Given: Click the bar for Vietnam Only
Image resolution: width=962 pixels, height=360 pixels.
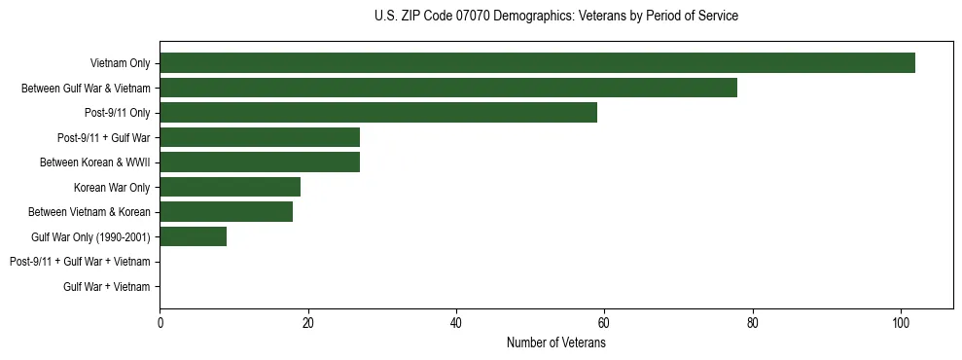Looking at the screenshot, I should [x=537, y=63].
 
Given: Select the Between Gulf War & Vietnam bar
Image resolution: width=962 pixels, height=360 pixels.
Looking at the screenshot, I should [x=448, y=88].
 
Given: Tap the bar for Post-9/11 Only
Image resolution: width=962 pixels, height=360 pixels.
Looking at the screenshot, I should [x=378, y=113].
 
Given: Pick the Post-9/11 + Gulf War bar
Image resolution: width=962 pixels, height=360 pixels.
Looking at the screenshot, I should [x=260, y=137].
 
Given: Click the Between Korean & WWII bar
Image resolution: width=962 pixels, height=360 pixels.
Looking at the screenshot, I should [x=260, y=162].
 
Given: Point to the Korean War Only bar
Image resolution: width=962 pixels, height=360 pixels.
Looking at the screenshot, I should [x=230, y=187].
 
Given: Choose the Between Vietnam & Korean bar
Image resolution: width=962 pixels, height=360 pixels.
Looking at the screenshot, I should [x=226, y=212].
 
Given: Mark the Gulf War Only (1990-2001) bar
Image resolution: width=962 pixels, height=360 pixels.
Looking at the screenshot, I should [x=193, y=236].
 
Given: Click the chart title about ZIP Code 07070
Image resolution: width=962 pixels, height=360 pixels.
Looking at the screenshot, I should [x=555, y=17].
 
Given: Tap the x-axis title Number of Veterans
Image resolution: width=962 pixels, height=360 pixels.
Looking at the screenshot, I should [x=555, y=343].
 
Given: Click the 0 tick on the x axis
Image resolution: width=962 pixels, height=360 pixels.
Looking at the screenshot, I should [x=160, y=323].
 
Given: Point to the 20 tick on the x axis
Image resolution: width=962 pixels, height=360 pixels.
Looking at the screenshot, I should [x=307, y=323].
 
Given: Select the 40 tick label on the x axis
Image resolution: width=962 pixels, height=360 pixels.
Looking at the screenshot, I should [x=456, y=323].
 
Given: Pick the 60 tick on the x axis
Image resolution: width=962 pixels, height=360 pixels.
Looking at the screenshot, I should [x=604, y=323].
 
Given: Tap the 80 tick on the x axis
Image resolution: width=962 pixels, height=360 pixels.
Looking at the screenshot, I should [x=753, y=323].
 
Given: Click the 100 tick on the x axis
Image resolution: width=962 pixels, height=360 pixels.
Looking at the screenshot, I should [x=901, y=323].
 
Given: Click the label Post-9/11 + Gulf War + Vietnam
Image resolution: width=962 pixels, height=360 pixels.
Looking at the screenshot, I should [x=80, y=262].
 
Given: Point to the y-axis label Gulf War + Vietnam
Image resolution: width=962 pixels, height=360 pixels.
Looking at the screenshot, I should [x=106, y=286].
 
